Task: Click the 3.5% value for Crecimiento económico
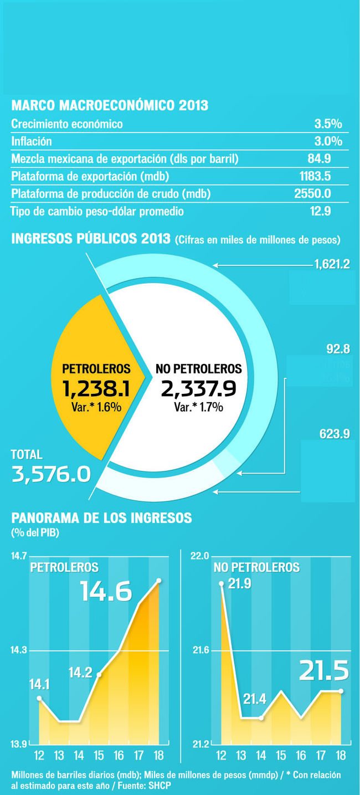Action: (328, 124)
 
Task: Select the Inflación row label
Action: (32, 141)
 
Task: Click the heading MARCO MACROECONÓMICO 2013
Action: (110, 105)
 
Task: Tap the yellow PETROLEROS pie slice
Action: (89, 377)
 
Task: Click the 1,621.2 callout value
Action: (332, 264)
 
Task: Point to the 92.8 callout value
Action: (338, 349)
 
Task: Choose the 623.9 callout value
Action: (335, 434)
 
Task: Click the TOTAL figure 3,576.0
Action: (51, 474)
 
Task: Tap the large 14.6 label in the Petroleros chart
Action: (106, 592)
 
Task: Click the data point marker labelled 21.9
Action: (221, 583)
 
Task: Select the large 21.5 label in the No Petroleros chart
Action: (324, 671)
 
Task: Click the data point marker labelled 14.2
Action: (99, 674)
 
